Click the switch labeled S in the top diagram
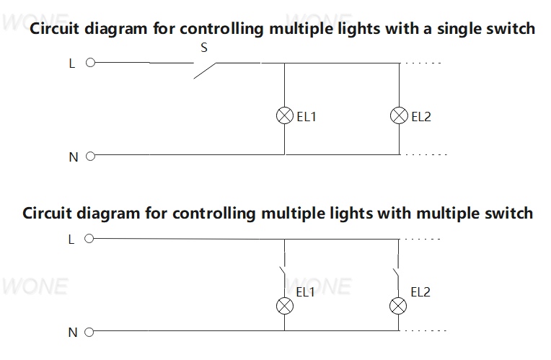pos(205,70)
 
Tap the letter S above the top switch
pos(204,48)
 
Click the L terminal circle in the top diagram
pos(91,63)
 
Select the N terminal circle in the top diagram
pos(91,156)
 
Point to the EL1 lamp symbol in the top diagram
pos(285,115)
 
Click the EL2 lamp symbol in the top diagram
pos(399,115)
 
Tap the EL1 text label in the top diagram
pos(307,117)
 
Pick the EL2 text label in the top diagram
pos(421,117)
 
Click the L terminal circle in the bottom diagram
pos(89,239)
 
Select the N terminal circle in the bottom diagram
pos(89,332)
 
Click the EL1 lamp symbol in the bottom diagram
pos(285,306)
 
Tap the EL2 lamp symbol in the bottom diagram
pos(398,306)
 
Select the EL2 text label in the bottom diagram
pos(420,292)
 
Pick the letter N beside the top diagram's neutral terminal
pos(74,157)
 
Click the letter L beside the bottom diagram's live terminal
pos(71,240)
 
